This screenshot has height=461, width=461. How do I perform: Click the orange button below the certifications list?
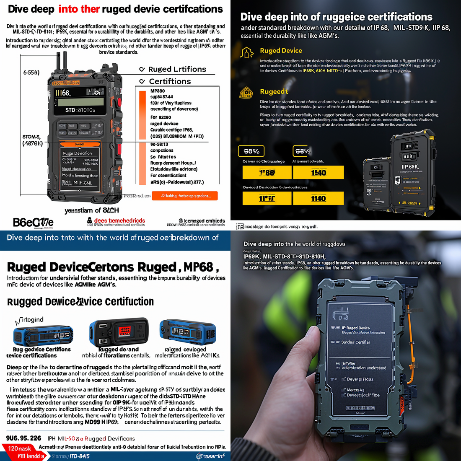pyautogui.click(x=184, y=196)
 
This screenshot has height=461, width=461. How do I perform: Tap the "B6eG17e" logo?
pyautogui.click(x=33, y=222)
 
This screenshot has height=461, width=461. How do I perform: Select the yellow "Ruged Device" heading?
pyautogui.click(x=281, y=51)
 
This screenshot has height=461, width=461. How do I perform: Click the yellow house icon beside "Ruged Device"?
pyautogui.click(x=246, y=52)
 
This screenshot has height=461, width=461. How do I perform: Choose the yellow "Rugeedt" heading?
pyautogui.click(x=274, y=91)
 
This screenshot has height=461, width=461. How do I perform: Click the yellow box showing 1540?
pyautogui.click(x=318, y=172)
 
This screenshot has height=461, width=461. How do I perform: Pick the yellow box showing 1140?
pyautogui.click(x=318, y=198)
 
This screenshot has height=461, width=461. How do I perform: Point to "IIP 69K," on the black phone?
pyautogui.click(x=410, y=167)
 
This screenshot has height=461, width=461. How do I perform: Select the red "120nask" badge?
pyautogui.click(x=20, y=448)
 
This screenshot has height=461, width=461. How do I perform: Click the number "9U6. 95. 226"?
pyautogui.click(x=24, y=438)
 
